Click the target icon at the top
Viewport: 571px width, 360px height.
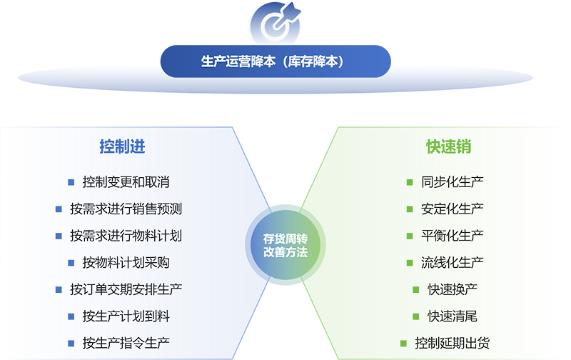[x=276, y=22]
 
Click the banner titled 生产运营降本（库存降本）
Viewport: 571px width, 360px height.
[x=276, y=61]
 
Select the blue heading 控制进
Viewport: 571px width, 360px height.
[x=122, y=147]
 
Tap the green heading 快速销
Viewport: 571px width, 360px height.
[x=448, y=147]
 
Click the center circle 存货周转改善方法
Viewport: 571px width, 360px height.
[x=285, y=245]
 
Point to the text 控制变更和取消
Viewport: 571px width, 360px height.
[x=126, y=182]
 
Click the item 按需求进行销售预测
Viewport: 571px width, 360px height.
[x=126, y=209]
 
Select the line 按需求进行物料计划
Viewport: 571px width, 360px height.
[x=126, y=236]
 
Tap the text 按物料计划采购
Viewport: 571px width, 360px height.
[x=126, y=262]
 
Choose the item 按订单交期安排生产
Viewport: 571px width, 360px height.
[x=126, y=289]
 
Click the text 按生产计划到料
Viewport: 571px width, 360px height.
[x=126, y=316]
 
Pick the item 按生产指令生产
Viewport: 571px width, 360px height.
[x=126, y=342]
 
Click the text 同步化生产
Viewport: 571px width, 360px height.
[x=453, y=182]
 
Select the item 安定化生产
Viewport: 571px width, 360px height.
[x=453, y=209]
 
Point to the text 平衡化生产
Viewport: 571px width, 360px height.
[x=453, y=236]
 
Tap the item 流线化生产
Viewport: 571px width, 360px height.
[x=453, y=262]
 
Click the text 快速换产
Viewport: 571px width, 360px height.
[x=453, y=289]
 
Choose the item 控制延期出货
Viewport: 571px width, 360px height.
[x=453, y=343]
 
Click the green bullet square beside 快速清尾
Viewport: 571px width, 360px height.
[x=417, y=316]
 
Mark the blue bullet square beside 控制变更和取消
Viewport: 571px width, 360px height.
[x=71, y=182]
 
